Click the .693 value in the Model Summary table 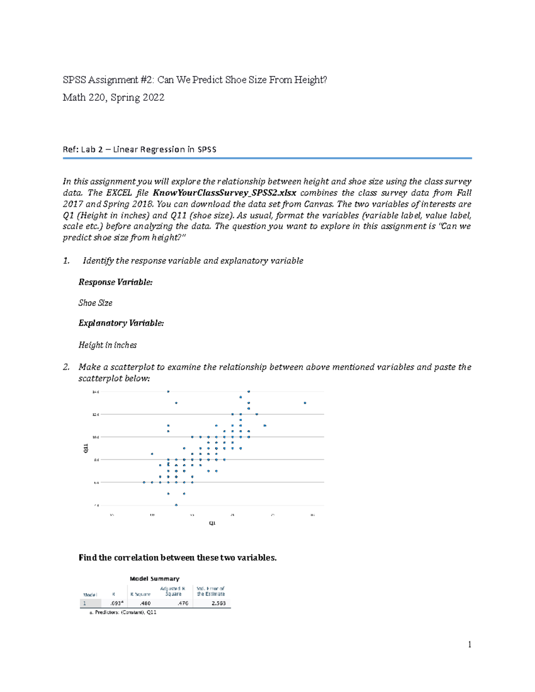(116, 603)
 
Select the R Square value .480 (145, 603)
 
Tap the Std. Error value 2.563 (218, 603)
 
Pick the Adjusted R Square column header (173, 591)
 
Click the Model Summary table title (154, 579)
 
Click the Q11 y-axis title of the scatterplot (86, 448)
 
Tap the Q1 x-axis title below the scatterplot (212, 523)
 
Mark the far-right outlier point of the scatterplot (305, 403)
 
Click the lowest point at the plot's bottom (176, 505)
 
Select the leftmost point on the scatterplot (144, 482)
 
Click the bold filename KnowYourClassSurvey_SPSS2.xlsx (224, 193)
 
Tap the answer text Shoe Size (95, 303)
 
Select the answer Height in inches (107, 345)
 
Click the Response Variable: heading (115, 282)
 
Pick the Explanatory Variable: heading (121, 323)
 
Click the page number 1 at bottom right (469, 644)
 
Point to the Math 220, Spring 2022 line (114, 98)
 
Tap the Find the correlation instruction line (177, 557)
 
